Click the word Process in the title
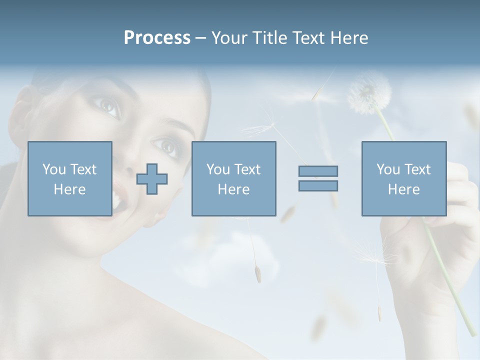pyautogui.click(x=157, y=38)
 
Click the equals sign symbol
pyautogui.click(x=318, y=178)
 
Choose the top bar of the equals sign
pyautogui.click(x=318, y=171)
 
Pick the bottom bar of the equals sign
pyautogui.click(x=318, y=185)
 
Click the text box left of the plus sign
pyautogui.click(x=70, y=178)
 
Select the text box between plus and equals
pyautogui.click(x=233, y=178)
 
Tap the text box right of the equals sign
pyautogui.click(x=403, y=178)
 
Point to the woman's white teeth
pyautogui.click(x=115, y=200)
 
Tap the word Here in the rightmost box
pyautogui.click(x=403, y=189)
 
